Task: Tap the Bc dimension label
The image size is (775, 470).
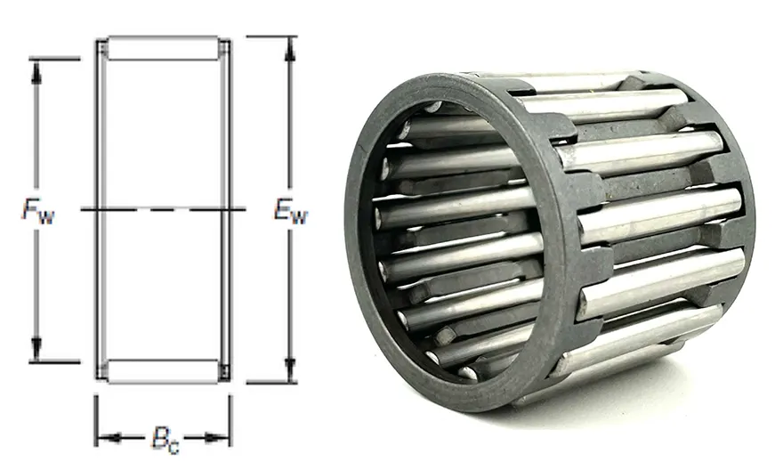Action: click(x=165, y=440)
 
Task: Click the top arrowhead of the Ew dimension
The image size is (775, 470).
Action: click(x=291, y=50)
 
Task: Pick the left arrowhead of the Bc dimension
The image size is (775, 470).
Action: click(x=110, y=437)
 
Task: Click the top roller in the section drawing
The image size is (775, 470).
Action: click(x=163, y=48)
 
